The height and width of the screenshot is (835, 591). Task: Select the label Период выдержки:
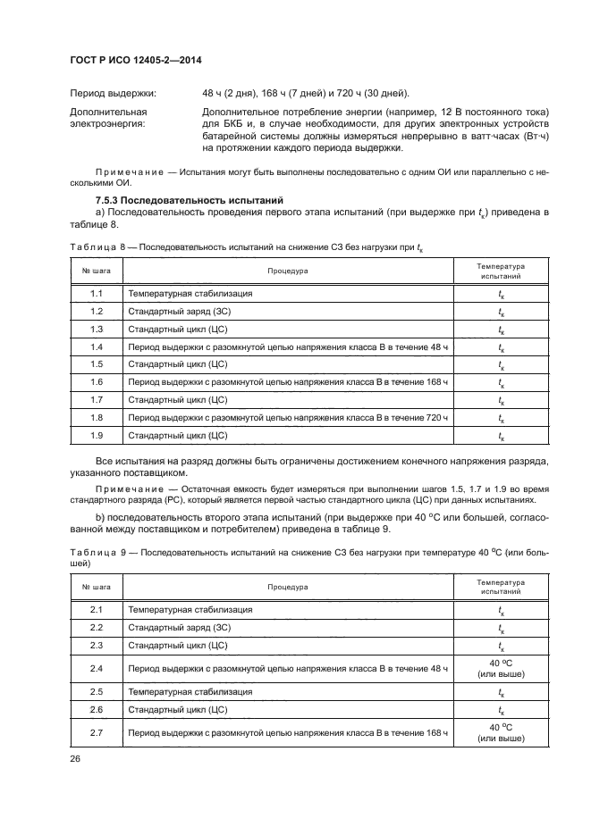pos(112,93)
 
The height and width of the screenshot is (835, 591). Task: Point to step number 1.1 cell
pos(97,293)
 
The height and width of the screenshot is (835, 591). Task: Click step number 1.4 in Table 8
pos(97,347)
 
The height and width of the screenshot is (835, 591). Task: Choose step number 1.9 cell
pos(97,435)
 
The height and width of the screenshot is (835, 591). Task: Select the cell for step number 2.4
pos(97,667)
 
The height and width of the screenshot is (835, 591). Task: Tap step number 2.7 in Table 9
pos(97,732)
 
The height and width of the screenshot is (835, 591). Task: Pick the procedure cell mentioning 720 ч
pos(287,417)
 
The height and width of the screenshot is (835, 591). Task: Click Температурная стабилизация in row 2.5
pos(190,691)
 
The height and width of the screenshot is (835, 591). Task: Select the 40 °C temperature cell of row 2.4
pos(500,667)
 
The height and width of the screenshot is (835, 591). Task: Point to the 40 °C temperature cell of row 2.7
pos(500,732)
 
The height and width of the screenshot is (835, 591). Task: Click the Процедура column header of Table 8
pos(287,271)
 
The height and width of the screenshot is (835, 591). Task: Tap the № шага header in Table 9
pos(97,587)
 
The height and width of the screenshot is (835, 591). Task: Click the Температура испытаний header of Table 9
pos(500,587)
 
